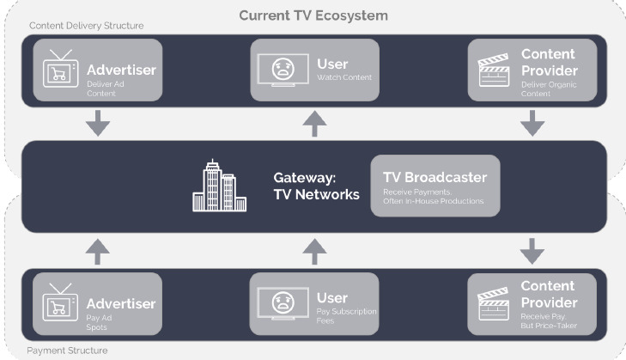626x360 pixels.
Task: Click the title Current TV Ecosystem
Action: pos(313,15)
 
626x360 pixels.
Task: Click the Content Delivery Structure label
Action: pos(87,26)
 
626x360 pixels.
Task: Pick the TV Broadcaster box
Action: pos(434,186)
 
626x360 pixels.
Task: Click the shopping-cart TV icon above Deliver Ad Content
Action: pos(61,70)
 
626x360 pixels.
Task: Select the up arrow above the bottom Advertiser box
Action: pos(97,250)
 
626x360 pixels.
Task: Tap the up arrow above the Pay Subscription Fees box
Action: pos(316,250)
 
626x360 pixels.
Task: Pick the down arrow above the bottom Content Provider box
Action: pos(532,250)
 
